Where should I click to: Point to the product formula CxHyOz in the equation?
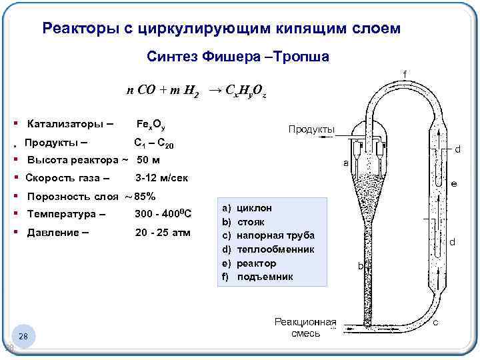[x=247, y=91]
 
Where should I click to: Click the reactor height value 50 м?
[x=150, y=160]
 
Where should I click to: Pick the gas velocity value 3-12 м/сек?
[x=161, y=178]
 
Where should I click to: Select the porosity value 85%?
[x=145, y=197]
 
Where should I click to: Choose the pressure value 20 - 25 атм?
[x=163, y=233]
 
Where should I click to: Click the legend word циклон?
[x=256, y=208]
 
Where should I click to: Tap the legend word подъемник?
[x=265, y=277]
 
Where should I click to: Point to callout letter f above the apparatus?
[x=404, y=73]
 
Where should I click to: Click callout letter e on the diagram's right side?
[x=453, y=183]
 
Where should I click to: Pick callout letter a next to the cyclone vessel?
[x=345, y=163]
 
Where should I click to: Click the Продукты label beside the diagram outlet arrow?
[x=311, y=129]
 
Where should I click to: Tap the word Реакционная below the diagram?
[x=305, y=321]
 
